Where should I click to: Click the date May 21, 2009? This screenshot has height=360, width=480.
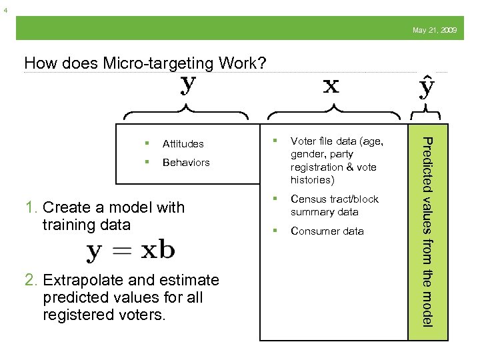435,31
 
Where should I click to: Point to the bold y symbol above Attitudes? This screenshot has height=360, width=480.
189,85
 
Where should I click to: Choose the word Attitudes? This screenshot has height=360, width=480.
183,144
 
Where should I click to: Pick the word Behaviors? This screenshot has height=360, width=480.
186,163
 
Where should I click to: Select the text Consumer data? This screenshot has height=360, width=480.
327,231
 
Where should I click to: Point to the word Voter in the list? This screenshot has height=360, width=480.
302,141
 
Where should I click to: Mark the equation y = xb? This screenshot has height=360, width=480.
131,251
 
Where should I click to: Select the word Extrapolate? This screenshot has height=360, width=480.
79,280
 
